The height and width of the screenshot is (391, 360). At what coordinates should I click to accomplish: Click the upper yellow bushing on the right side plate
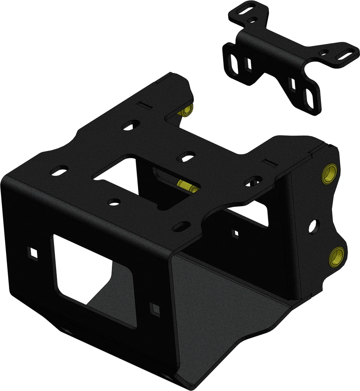(329, 174)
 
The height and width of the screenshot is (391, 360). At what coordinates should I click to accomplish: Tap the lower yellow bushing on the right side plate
(337, 255)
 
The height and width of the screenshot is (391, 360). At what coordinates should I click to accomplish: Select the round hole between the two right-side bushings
(313, 226)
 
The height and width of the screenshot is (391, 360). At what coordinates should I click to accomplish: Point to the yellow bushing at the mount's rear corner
(188, 111)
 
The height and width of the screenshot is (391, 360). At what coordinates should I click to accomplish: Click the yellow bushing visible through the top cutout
(189, 187)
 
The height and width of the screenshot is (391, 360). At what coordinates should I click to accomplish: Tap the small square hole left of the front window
(33, 253)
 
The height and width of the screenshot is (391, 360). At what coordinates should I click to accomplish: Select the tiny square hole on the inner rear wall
(235, 233)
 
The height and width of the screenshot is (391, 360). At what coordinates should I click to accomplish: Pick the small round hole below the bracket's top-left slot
(252, 19)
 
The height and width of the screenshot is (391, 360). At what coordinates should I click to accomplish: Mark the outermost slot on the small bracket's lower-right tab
(310, 99)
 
